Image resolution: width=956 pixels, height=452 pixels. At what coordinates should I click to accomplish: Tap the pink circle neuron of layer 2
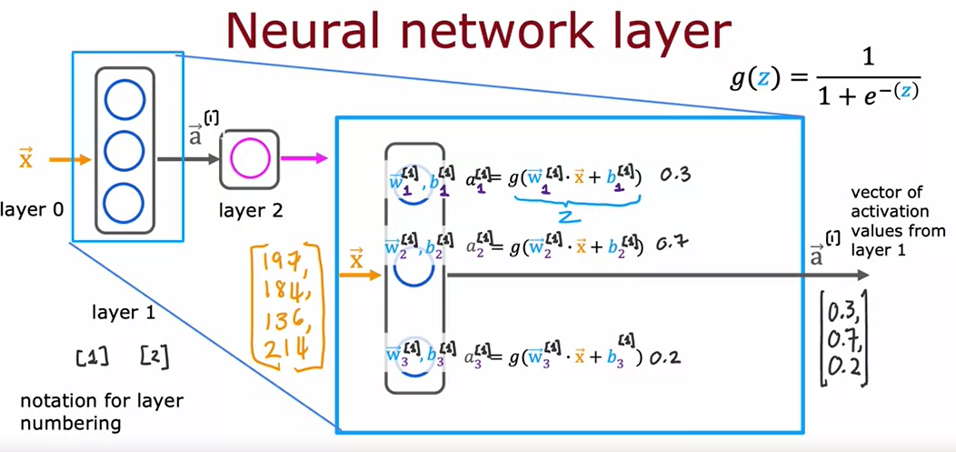point(248,160)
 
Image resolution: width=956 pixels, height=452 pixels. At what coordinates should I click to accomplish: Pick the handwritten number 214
point(284,349)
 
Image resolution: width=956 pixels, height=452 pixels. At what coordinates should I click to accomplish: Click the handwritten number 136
point(282,322)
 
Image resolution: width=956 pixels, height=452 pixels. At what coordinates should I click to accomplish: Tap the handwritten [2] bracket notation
point(154,356)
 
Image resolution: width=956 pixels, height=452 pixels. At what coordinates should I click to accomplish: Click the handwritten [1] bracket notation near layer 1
point(92,356)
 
